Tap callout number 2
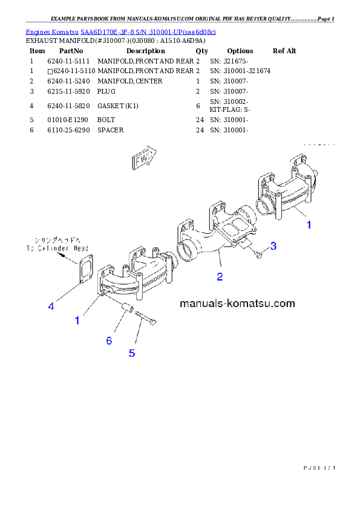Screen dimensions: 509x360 [220, 277]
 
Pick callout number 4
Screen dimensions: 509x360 [51, 306]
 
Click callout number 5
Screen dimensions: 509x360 [132, 353]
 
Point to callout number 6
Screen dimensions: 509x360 [109, 341]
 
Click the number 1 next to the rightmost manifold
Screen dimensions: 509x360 [309, 225]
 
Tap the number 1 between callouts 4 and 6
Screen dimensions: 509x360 [77, 321]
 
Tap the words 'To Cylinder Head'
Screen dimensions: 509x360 [57, 248]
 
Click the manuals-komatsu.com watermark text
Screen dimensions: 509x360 [237, 303]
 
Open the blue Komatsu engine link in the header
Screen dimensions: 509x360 [120, 31]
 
